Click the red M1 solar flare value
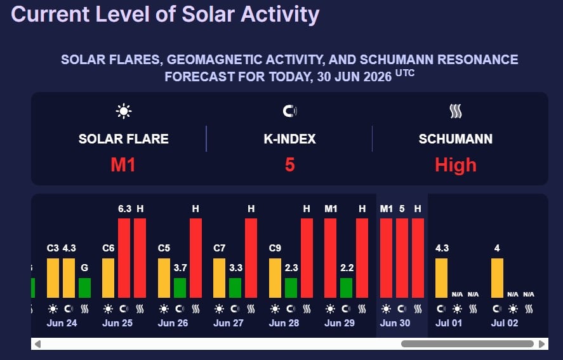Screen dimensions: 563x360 [123, 165]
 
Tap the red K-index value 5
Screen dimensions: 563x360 [290, 165]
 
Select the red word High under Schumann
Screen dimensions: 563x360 [456, 165]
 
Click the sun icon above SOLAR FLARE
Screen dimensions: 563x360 [124, 111]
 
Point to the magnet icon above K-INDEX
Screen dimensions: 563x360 [290, 111]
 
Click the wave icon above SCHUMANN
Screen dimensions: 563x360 [456, 111]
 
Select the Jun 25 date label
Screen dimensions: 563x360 [117, 323]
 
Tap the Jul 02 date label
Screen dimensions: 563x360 [505, 323]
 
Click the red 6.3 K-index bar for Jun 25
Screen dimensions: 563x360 [124, 258]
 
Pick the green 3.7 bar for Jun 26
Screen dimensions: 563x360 [180, 288]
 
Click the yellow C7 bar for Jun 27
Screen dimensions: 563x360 [220, 278]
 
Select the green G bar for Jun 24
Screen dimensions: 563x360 [85, 288]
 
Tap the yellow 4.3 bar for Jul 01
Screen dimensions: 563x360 [442, 278]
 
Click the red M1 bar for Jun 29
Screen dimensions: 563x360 [330, 258]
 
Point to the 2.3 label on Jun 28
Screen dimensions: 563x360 [291, 268]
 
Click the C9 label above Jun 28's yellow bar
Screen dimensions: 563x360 [275, 248]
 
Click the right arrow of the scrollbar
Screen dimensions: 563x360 [542, 344]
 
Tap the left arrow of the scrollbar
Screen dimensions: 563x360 [37, 344]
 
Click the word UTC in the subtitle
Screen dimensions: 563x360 [405, 73]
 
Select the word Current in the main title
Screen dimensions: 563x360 [50, 15]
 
